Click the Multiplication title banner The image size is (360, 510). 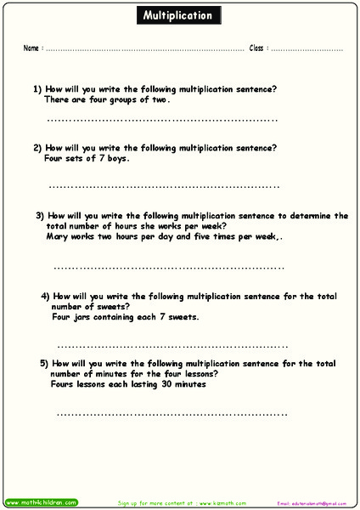coord(179,15)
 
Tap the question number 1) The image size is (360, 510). coord(37,88)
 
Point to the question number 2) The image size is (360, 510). coord(37,147)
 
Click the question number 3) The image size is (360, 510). coord(40,216)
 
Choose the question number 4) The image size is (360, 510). coord(46,297)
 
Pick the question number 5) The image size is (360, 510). coord(44,363)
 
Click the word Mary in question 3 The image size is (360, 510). coord(58,237)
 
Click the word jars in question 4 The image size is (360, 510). coord(82,317)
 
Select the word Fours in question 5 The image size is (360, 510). coord(63,384)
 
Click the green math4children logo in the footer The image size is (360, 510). coord(41,502)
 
